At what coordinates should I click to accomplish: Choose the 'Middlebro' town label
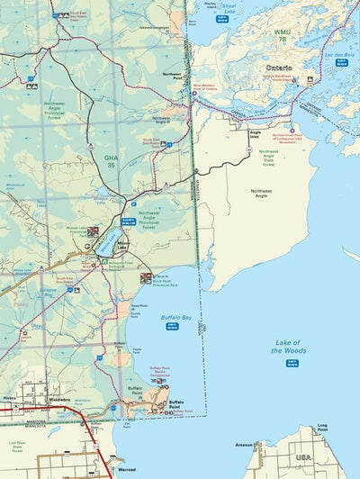coord(59,398)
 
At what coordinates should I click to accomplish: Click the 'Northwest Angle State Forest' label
coord(268,157)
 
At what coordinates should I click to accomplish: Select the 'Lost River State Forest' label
coord(17,445)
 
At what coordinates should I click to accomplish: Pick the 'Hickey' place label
coord(9,397)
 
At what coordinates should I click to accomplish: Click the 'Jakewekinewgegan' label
coord(153,28)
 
